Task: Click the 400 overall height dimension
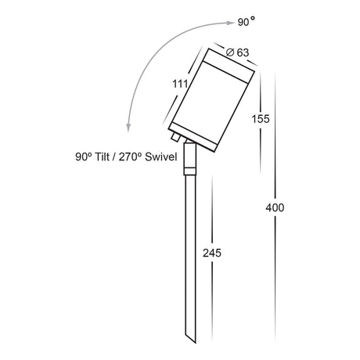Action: (275, 208)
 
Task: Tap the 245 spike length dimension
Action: (212, 253)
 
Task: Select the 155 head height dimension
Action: (261, 119)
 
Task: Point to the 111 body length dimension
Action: (180, 84)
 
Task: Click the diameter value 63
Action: (243, 52)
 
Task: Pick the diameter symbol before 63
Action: (230, 52)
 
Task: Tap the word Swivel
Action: (161, 157)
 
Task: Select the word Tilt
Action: (102, 157)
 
